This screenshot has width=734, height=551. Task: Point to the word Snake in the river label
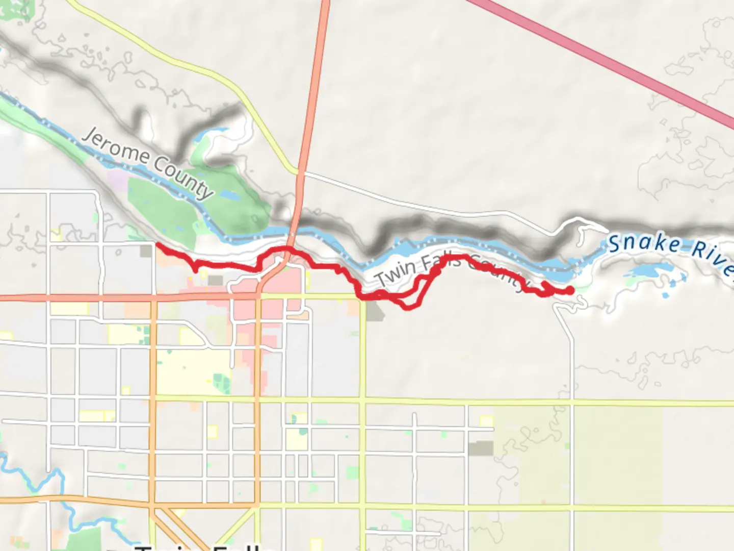point(644,243)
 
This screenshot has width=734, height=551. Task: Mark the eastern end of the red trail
point(569,291)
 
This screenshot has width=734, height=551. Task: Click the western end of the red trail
point(156,245)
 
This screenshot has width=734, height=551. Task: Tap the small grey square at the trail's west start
point(146,251)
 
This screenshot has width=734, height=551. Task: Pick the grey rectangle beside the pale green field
point(481,448)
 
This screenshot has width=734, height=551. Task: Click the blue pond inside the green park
point(228,195)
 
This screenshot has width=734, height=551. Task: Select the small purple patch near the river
point(118,180)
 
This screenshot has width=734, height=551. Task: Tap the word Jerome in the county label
point(115,146)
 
